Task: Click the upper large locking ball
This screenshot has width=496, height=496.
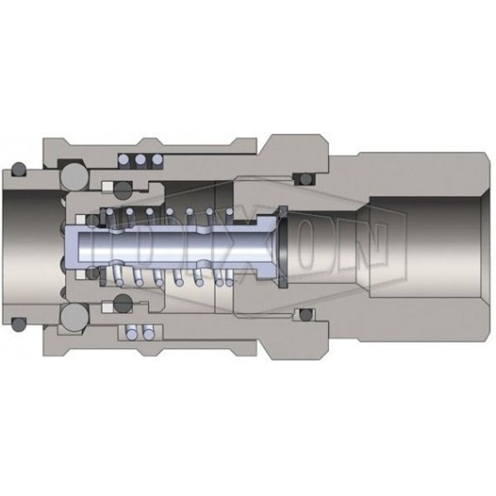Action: coord(74,177)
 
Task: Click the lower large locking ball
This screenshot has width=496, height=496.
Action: coord(74,317)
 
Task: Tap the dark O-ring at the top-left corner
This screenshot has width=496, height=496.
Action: coord(19,169)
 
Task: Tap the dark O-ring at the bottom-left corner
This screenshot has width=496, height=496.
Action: coord(19,324)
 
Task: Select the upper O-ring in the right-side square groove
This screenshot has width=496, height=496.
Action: coord(306,179)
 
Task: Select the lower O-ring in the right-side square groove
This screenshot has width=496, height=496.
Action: coord(306,315)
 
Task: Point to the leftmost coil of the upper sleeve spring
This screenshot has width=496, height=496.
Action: coord(124,160)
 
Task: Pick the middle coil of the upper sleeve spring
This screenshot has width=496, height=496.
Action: coord(141,160)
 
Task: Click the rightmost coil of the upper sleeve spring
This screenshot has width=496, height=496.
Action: coord(157,160)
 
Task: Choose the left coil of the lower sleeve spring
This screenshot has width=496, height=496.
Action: coord(131,332)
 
